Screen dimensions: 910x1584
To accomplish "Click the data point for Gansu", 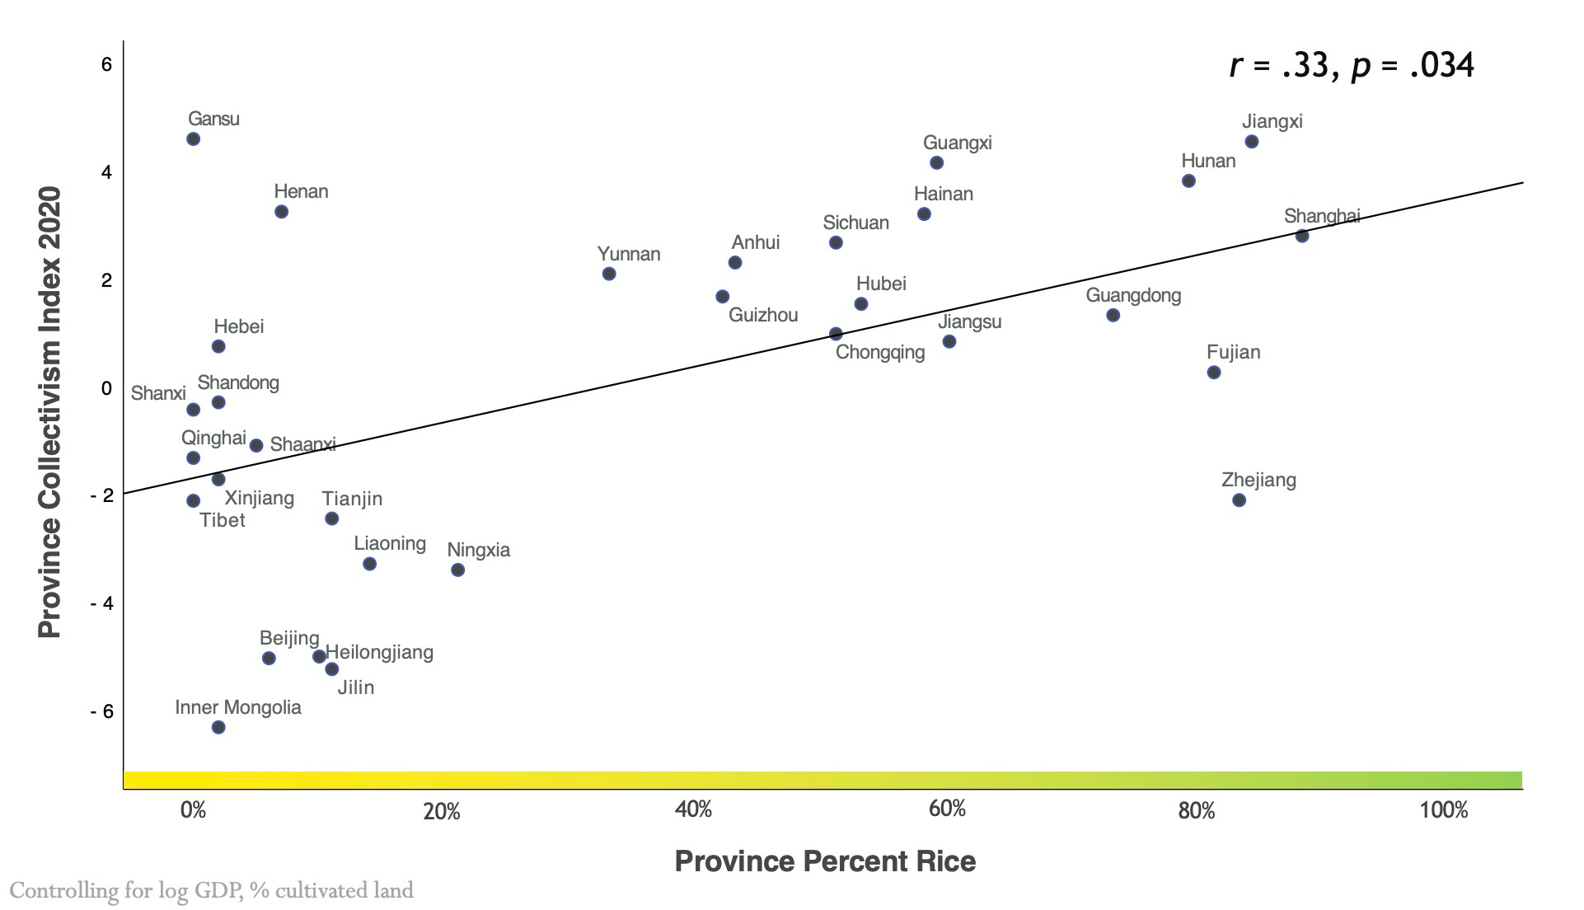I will pos(194,139).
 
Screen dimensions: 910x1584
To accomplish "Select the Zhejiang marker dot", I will pos(1239,500).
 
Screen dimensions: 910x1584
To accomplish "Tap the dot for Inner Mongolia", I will pos(218,727).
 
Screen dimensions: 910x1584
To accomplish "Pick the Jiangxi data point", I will pos(1252,142).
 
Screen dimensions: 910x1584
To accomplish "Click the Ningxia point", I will pos(458,570).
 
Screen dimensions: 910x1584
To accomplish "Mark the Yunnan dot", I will pos(609,274).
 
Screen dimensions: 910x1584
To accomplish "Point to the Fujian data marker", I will pos(1214,373).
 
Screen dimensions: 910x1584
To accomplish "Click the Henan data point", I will pos(281,212).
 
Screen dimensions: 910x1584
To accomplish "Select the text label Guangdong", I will pos(1133,295).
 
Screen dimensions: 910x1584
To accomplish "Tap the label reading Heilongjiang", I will pos(379,652).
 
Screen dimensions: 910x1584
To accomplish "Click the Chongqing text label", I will pos(879,352).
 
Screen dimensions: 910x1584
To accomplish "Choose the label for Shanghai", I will pos(1321,216).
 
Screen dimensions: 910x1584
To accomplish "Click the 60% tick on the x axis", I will pos(947,809).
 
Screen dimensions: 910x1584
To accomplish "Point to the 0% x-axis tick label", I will pos(193,810).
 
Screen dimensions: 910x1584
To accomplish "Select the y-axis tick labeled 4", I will pos(106,172).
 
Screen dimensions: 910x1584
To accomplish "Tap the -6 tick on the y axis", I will pos(102,711).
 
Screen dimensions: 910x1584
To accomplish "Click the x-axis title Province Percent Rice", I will pos(825,861).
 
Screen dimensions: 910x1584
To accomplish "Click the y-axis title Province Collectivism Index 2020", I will pos(49,412).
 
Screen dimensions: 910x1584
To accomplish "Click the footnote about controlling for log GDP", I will pos(211,890).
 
